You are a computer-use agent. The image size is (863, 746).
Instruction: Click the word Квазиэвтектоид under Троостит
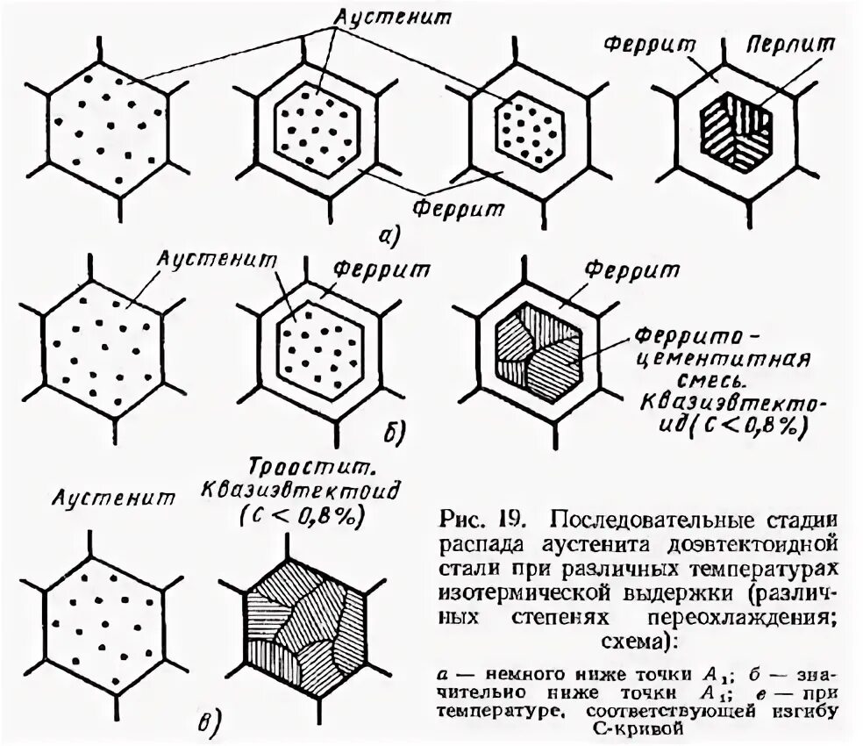point(301,489)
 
